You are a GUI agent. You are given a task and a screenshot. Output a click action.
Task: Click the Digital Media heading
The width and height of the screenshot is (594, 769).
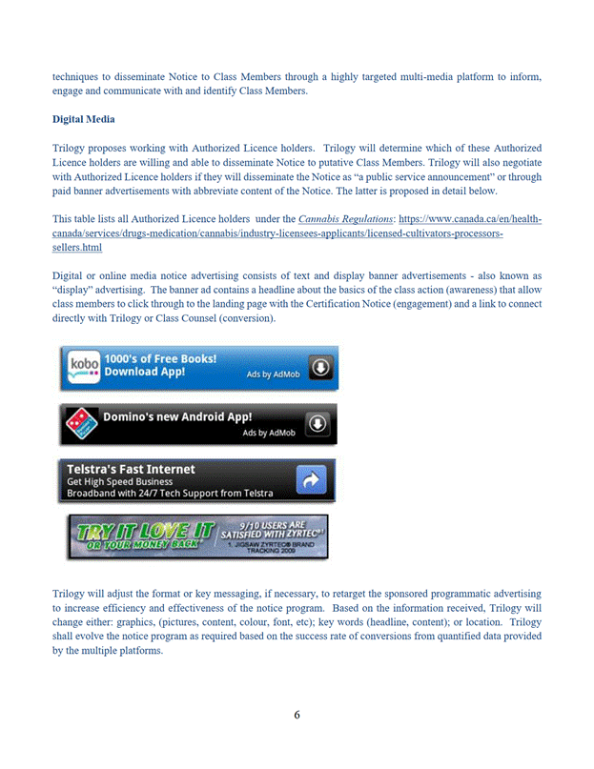click(83, 119)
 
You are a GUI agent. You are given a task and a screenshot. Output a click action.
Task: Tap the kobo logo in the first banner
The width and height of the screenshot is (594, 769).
click(84, 367)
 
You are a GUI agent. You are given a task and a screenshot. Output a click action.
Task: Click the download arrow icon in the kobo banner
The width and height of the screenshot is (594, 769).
click(320, 367)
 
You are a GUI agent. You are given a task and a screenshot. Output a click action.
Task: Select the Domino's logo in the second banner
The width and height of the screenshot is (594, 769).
click(81, 422)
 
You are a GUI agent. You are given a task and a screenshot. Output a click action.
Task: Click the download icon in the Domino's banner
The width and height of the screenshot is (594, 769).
click(317, 422)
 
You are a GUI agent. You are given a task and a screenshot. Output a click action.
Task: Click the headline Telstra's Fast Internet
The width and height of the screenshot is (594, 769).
click(131, 469)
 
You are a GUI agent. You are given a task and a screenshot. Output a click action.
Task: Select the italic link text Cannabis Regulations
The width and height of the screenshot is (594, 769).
click(338, 219)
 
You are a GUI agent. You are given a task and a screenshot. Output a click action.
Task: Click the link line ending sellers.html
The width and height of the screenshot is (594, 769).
click(77, 247)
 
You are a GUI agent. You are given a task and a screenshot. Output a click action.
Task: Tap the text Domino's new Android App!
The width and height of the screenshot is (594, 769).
click(177, 416)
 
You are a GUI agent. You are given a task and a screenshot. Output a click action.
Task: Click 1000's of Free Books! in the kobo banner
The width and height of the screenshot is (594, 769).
click(160, 359)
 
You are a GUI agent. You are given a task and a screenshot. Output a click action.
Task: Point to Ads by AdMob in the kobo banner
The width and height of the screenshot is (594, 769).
click(273, 374)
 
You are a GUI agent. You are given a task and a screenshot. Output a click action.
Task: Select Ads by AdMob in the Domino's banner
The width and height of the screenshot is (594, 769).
click(269, 432)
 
